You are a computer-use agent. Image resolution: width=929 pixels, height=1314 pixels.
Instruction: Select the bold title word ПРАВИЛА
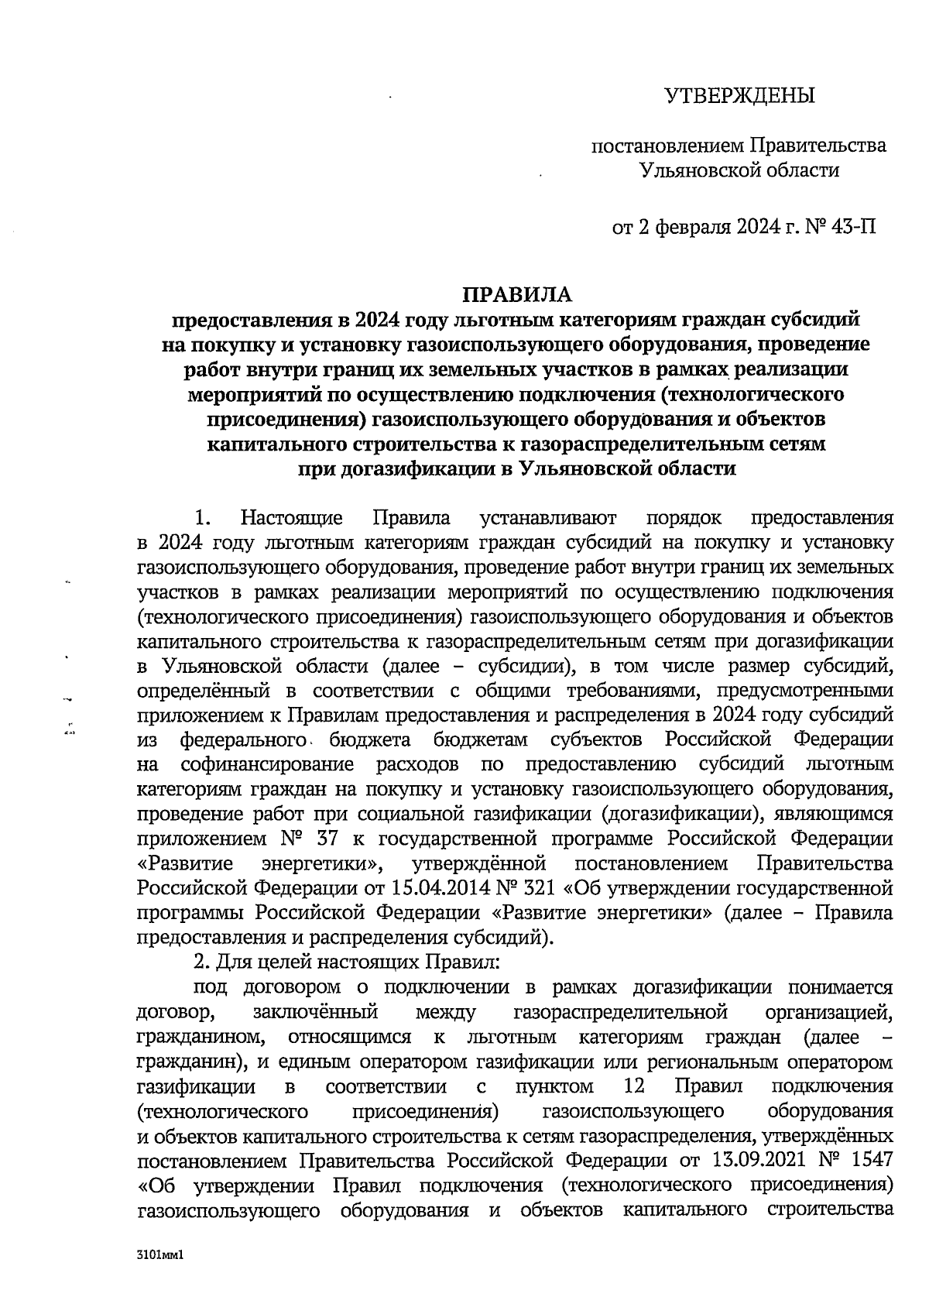[516, 294]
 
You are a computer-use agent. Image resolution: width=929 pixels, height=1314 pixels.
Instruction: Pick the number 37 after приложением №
[327, 839]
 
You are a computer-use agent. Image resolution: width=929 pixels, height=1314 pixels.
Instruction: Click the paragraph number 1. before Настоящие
[204, 517]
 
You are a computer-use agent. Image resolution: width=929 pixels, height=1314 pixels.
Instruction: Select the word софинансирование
[267, 764]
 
